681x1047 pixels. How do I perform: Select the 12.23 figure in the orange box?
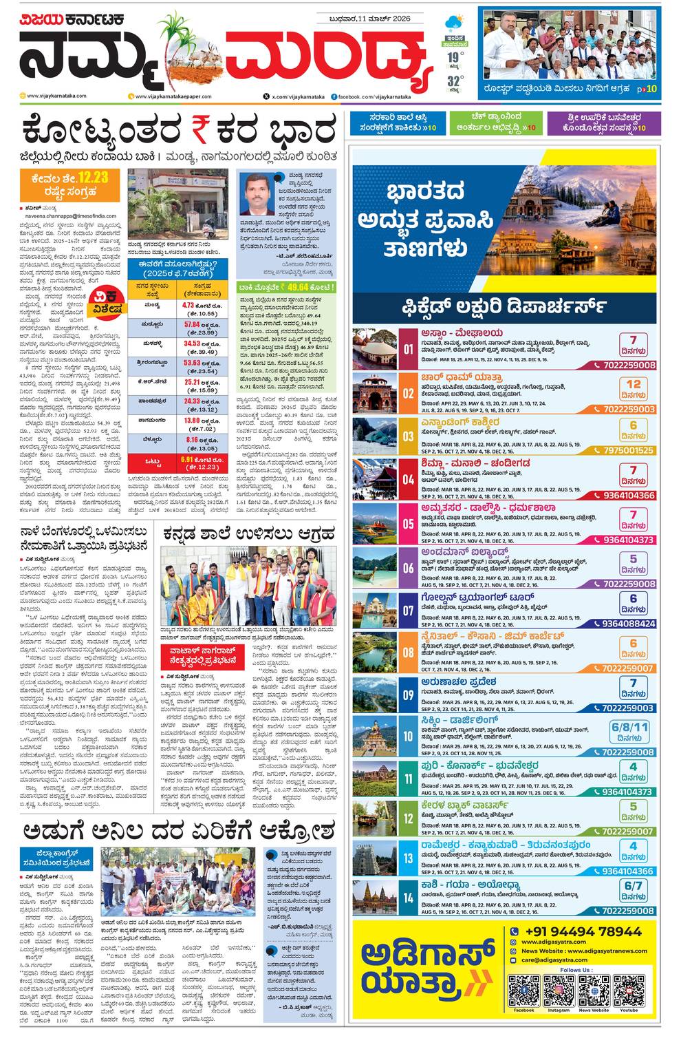(x=92, y=178)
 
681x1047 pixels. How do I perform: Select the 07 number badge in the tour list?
(x=408, y=611)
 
